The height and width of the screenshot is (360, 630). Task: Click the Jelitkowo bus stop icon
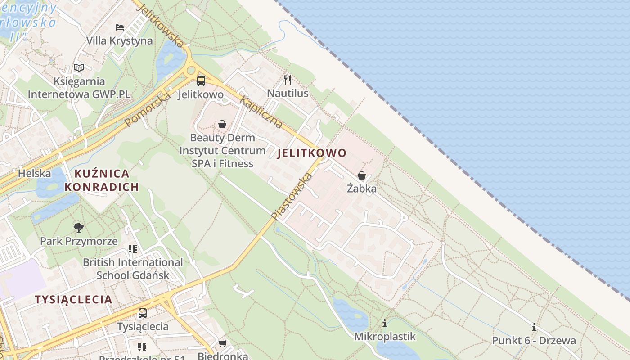(201, 81)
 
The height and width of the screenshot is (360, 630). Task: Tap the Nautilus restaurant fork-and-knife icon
(288, 80)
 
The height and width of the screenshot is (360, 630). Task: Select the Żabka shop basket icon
(362, 175)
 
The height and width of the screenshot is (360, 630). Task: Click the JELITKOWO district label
(312, 153)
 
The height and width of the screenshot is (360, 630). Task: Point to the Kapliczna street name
(261, 112)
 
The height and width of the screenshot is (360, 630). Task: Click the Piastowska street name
(292, 197)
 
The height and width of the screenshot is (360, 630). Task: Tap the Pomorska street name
(148, 109)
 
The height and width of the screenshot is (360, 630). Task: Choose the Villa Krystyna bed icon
(120, 27)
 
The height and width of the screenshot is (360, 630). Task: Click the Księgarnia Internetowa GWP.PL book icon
(79, 68)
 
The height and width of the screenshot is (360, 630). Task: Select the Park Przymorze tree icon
(79, 228)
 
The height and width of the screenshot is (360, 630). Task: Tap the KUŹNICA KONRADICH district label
(102, 180)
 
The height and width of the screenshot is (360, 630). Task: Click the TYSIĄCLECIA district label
(73, 299)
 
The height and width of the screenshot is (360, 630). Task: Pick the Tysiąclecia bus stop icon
(143, 313)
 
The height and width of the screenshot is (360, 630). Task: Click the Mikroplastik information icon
(385, 323)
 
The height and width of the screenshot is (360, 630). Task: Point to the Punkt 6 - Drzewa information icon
(534, 327)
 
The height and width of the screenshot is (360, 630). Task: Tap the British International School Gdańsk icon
(133, 248)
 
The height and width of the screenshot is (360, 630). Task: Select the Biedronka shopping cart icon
(222, 344)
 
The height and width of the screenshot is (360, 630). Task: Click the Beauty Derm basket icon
(222, 124)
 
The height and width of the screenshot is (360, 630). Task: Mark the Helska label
(35, 173)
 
